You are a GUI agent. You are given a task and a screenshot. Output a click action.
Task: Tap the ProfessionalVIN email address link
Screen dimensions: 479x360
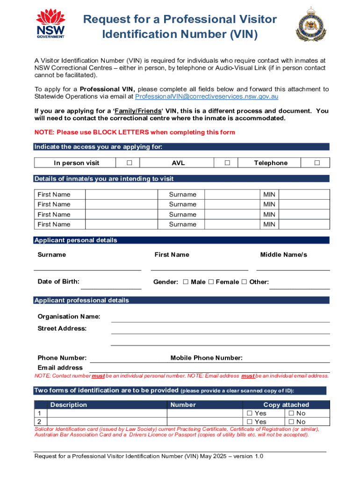click(207, 96)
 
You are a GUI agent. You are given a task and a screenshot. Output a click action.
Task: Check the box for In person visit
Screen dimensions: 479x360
click(130, 163)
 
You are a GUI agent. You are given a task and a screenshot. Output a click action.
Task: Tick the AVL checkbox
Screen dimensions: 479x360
click(227, 163)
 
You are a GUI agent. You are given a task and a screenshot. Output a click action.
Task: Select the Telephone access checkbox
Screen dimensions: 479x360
click(317, 163)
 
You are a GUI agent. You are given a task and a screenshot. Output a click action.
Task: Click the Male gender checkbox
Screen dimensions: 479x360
click(186, 282)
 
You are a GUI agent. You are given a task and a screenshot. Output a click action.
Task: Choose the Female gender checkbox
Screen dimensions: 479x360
click(211, 282)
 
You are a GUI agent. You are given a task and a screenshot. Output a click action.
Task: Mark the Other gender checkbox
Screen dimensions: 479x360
click(244, 282)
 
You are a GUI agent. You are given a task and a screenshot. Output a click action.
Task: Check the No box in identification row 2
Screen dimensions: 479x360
click(291, 422)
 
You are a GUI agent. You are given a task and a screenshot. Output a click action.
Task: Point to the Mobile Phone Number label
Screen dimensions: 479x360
click(206, 358)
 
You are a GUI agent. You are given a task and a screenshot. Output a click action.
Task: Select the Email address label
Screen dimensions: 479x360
click(60, 368)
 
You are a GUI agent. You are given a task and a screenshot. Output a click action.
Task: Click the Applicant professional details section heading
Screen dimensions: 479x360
click(82, 300)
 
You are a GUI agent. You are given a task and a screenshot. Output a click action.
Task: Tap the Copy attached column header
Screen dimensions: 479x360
click(286, 405)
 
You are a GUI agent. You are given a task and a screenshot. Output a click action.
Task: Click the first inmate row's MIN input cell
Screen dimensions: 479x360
click(304, 195)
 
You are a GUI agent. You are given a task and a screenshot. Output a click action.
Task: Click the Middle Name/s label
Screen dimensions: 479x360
click(283, 254)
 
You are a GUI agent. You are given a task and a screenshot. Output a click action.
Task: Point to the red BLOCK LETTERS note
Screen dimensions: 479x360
click(135, 132)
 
